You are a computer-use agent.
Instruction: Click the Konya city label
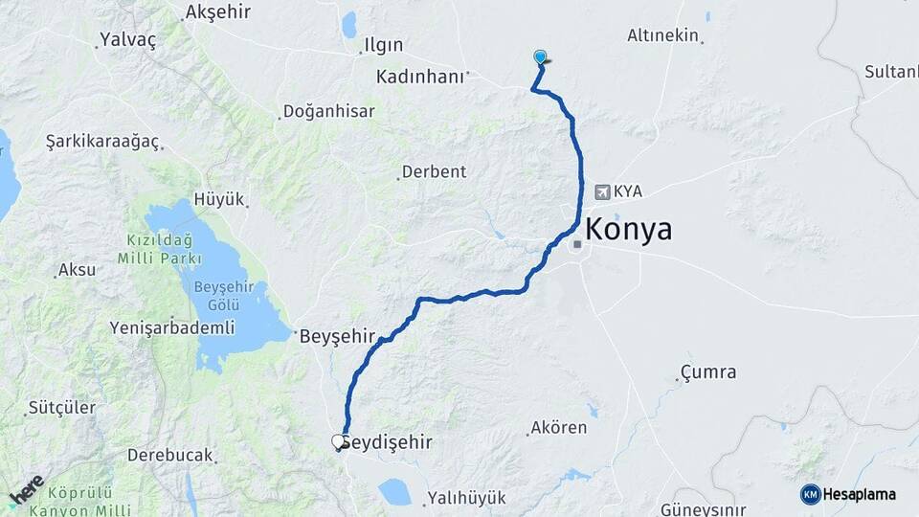[x=628, y=230]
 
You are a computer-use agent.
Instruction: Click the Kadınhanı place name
[x=420, y=76]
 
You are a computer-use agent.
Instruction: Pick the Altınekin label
[x=663, y=35]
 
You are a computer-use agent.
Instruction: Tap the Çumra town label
[x=708, y=371]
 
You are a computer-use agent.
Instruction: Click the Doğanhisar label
[x=329, y=111]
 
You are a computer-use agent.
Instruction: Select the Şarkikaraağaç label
[x=101, y=141]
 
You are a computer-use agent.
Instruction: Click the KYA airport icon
[x=602, y=191]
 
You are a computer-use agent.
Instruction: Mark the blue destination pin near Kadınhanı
[x=541, y=57]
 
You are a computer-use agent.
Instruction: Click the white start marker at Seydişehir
[x=338, y=441]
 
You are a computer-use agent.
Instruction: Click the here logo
[x=26, y=489]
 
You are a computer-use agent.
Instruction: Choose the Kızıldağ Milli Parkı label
[x=160, y=248]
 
